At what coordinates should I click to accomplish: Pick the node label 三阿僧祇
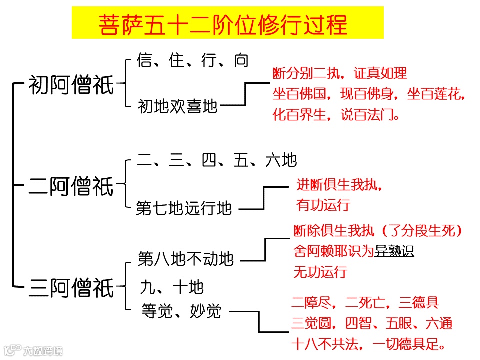coord(72,288)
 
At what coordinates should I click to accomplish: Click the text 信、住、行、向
coord(192,61)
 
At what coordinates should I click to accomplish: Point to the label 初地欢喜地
coord(178,106)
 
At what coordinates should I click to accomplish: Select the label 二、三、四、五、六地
coord(217,160)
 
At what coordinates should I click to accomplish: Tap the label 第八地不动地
coord(185,259)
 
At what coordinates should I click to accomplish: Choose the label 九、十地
coord(172,287)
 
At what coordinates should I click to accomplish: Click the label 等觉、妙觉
coord(181,311)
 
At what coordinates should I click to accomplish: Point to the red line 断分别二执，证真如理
coord(340,74)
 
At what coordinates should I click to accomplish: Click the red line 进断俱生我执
coord(340,185)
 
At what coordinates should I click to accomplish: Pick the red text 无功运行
coord(320,272)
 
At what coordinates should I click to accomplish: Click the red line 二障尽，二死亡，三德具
coord(365,303)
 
